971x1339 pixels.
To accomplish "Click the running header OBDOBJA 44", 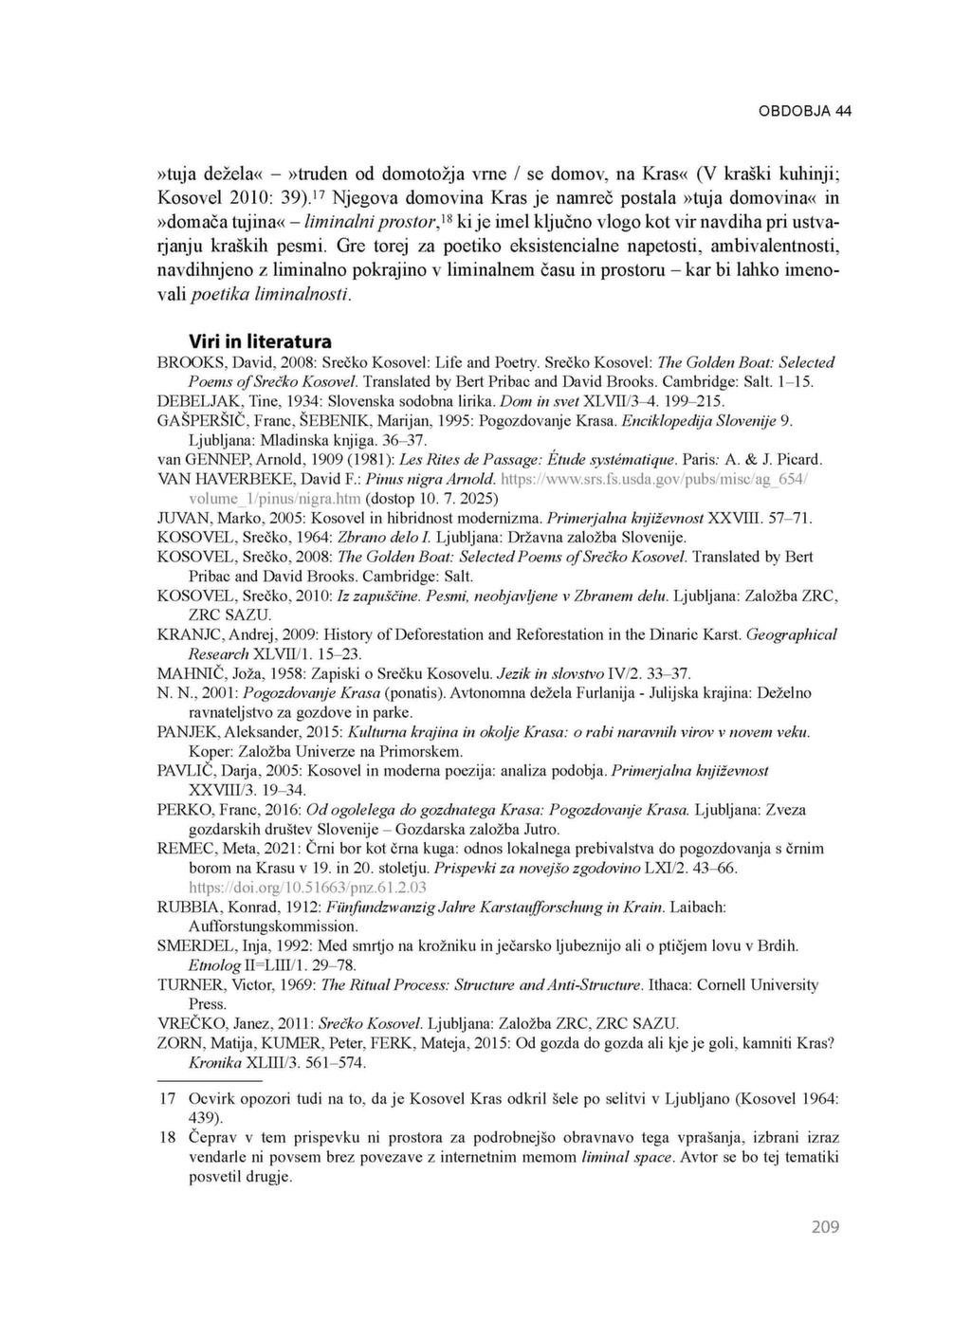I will click(804, 111).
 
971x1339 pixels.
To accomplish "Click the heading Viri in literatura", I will click(260, 341).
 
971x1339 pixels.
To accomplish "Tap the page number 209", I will click(825, 1227).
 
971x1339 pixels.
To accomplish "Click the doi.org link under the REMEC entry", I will click(307, 887).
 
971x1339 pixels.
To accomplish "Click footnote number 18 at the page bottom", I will click(167, 1137).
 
